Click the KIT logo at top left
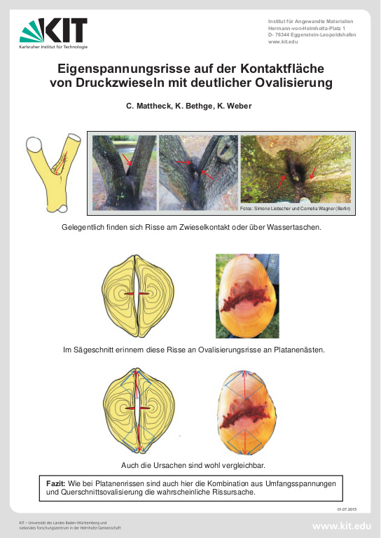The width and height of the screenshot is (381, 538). (x=53, y=32)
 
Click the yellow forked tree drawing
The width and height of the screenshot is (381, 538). (x=49, y=172)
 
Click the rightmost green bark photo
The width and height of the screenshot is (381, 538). (x=295, y=167)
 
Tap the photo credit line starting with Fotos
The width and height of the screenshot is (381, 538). (x=294, y=209)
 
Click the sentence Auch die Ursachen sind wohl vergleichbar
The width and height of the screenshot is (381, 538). (x=190, y=465)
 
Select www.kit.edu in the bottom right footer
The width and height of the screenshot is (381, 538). (x=342, y=525)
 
